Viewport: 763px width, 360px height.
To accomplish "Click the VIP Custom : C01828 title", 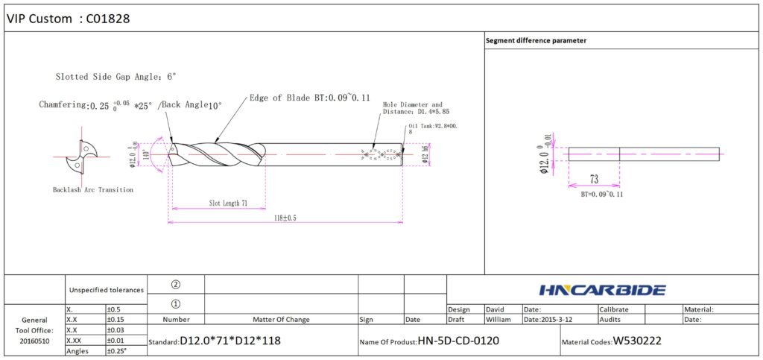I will (69, 19).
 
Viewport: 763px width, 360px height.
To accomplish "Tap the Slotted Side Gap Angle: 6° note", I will (115, 77).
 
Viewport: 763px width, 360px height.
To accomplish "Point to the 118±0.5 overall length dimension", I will (285, 218).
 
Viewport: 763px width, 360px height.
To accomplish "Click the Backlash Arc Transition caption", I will (93, 190).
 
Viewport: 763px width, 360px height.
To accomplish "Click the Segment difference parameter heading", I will (536, 40).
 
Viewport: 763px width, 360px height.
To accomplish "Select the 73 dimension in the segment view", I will (594, 180).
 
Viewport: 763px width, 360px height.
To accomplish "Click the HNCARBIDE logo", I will (602, 290).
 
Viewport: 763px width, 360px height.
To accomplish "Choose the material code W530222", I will (636, 341).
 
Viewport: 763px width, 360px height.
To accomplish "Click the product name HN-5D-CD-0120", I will (458, 341).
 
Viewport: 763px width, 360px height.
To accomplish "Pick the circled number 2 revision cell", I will (176, 285).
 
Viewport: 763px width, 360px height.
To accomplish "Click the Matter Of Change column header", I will (281, 320).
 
